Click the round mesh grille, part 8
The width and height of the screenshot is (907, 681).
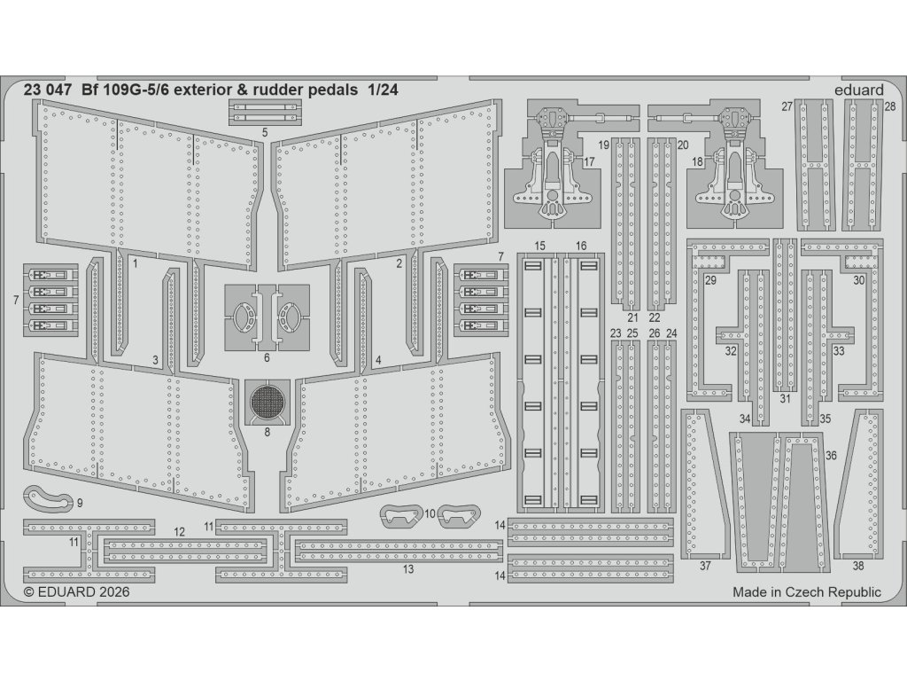click(267, 403)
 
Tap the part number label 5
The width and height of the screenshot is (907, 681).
click(265, 133)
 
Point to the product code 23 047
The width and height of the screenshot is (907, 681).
click(46, 90)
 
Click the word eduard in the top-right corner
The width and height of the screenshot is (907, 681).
click(858, 90)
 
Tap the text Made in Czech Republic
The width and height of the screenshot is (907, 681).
click(807, 592)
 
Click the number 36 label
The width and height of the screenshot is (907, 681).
click(830, 455)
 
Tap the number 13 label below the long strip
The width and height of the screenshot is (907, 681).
click(407, 569)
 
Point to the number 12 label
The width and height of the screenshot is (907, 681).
click(179, 532)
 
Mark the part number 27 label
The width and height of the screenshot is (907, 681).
click(787, 106)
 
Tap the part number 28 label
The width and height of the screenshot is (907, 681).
click(889, 106)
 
